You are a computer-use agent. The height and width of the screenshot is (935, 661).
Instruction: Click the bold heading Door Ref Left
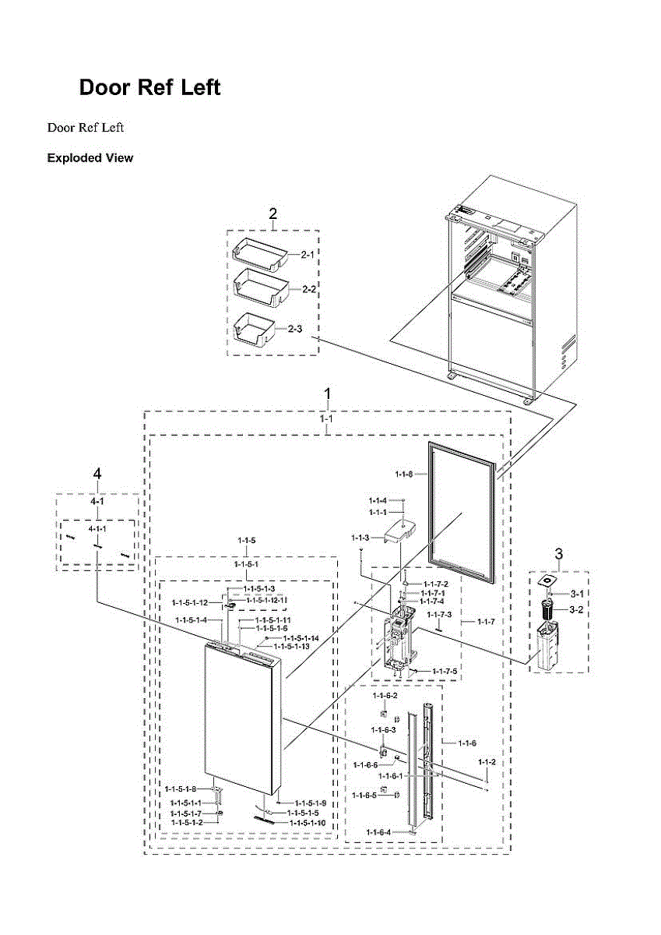[149, 87]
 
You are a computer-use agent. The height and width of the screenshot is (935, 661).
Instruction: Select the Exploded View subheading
[90, 158]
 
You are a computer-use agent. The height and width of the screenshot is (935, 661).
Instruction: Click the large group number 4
[97, 474]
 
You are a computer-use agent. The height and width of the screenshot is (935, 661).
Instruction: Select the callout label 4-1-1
[97, 529]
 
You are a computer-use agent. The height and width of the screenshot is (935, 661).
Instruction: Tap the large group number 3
[558, 553]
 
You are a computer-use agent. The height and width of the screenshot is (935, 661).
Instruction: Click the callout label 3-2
[576, 609]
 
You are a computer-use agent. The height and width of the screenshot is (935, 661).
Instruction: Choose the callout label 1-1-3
[360, 538]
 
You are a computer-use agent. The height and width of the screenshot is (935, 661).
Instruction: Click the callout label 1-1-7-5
[444, 671]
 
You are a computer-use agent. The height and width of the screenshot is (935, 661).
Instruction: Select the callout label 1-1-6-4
[380, 833]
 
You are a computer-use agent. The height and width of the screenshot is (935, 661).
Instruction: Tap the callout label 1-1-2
[487, 761]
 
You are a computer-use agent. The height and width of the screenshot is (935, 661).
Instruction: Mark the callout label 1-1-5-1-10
[308, 823]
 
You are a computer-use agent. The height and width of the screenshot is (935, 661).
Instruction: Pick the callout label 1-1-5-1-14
[301, 638]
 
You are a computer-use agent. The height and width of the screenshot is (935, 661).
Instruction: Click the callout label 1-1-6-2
[385, 695]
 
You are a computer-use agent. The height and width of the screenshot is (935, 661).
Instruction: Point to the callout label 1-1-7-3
[439, 616]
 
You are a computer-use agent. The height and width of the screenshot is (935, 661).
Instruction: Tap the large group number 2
[273, 214]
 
